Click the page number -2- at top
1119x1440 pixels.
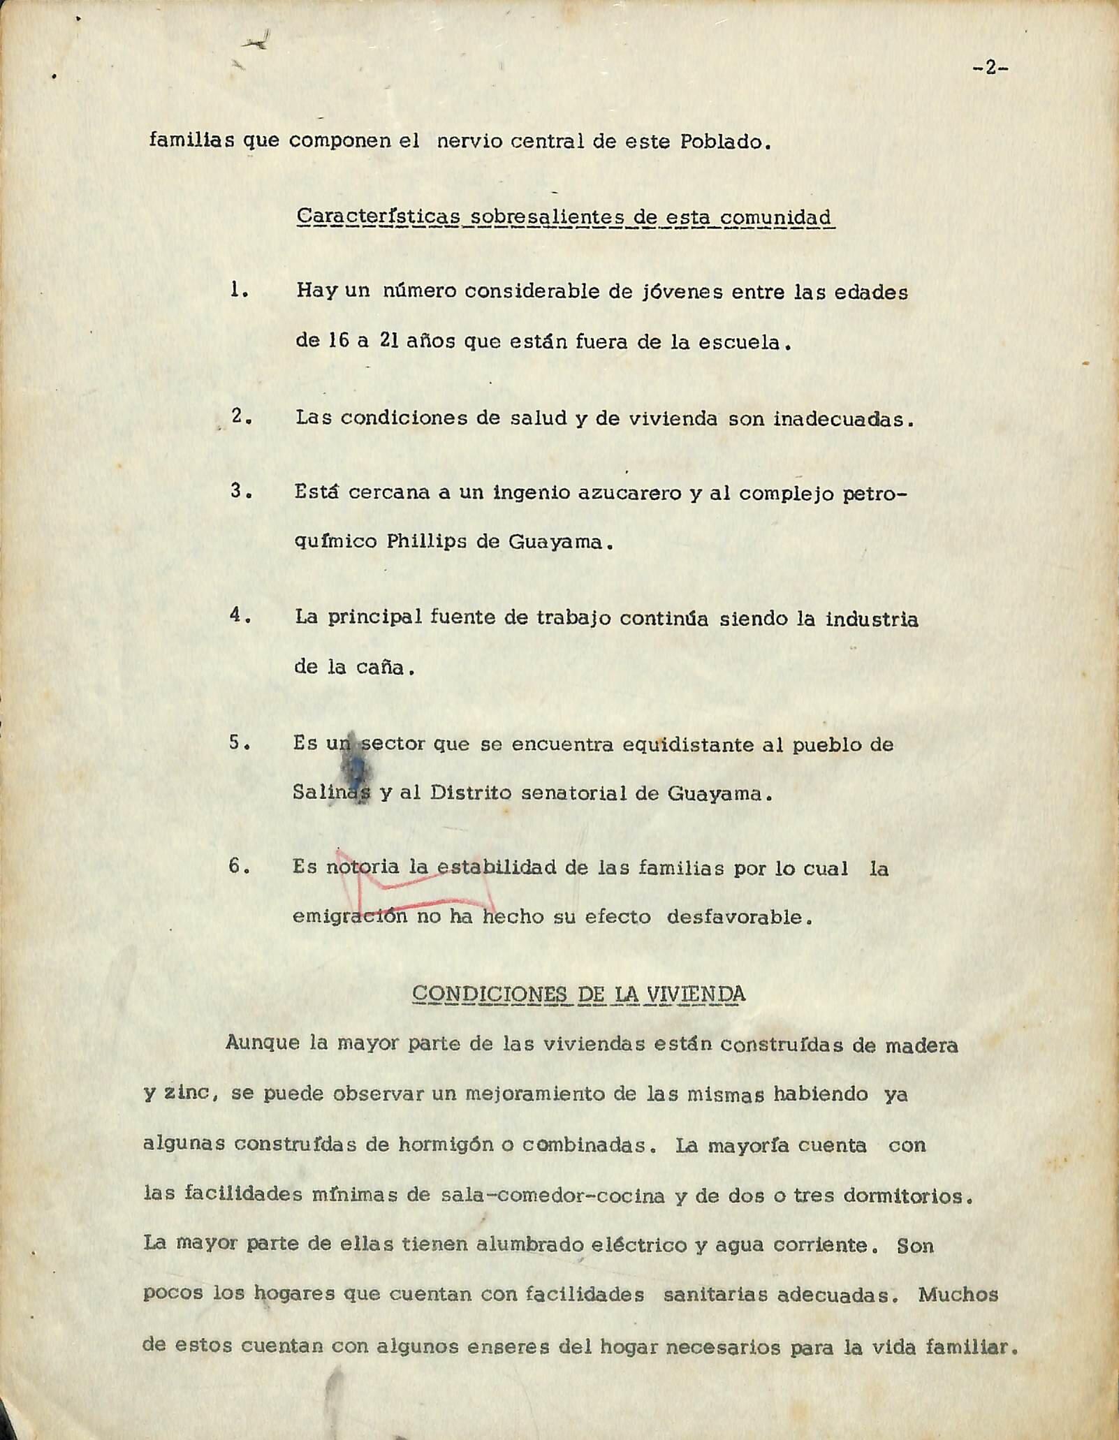coord(990,68)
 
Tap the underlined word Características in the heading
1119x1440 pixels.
coord(378,216)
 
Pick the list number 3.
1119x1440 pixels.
coord(240,491)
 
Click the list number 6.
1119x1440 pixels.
coord(239,867)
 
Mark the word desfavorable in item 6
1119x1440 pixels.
coord(739,917)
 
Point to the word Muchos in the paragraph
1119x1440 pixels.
coord(958,1294)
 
